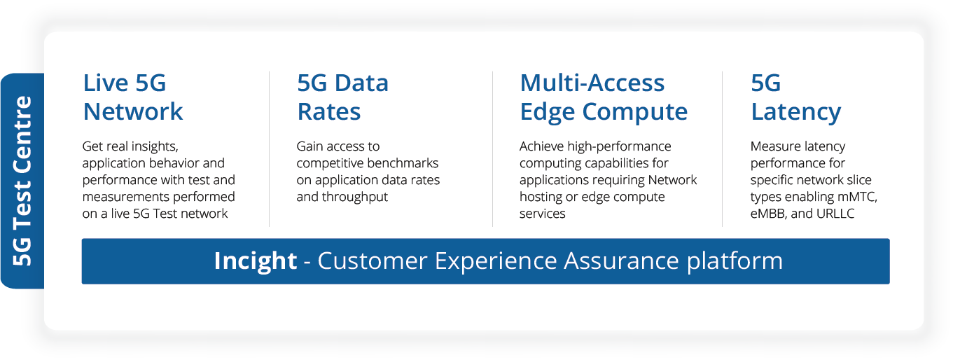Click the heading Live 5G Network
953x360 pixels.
coord(132,97)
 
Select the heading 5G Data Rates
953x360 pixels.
coord(342,97)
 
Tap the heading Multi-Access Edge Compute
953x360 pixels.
coord(603,97)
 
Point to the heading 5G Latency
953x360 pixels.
coord(795,97)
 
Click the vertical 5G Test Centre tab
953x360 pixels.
coord(23,181)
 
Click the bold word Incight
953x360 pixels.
coord(255,261)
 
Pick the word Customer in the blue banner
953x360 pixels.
coord(372,261)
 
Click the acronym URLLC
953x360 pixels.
coord(835,214)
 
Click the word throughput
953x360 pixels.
coord(355,197)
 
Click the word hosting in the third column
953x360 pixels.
coord(538,197)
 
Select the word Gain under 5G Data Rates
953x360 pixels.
coord(310,146)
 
